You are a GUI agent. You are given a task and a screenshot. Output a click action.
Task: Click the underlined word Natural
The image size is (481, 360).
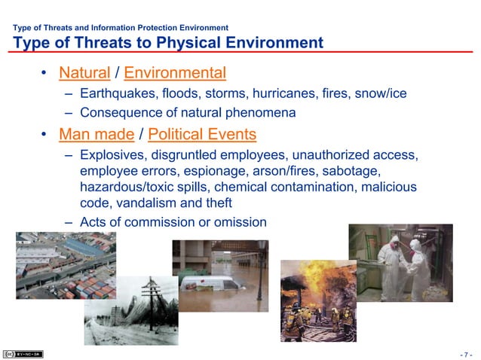click(84, 73)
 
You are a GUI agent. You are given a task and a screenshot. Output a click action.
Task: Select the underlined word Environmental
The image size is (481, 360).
click(175, 73)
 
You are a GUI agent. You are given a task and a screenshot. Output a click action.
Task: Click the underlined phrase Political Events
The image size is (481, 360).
click(202, 135)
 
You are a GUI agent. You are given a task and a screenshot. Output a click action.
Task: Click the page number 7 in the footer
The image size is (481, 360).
click(467, 354)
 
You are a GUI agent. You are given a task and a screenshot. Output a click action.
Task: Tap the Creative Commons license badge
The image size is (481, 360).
click(23, 353)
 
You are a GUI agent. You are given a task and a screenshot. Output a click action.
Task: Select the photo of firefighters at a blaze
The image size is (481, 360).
click(318, 301)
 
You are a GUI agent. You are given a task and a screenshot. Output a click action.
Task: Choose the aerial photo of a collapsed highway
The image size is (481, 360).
click(66, 265)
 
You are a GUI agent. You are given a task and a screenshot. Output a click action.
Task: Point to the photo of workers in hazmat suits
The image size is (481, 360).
click(400, 262)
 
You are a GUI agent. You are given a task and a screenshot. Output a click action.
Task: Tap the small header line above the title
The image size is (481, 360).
click(121, 29)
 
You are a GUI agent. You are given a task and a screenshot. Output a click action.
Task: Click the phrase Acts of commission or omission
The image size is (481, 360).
click(173, 222)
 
